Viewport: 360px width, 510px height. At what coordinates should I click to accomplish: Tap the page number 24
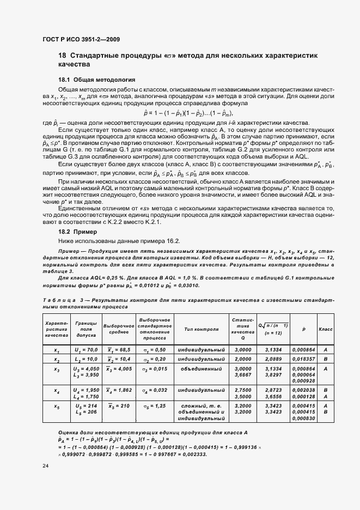pyautogui.click(x=45, y=466)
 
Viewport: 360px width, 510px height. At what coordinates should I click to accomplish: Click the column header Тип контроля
pyautogui.click(x=202, y=330)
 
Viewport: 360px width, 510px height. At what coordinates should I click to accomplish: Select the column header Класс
pyautogui.click(x=326, y=330)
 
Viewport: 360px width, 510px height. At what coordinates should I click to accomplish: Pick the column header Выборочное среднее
pyautogui.click(x=119, y=330)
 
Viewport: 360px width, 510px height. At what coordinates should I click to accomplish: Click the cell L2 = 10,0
pyautogui.click(x=86, y=360)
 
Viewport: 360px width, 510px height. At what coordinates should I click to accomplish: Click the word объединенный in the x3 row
pyautogui.click(x=202, y=369)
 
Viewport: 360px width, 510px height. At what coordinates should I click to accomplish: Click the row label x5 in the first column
pyautogui.click(x=57, y=406)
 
